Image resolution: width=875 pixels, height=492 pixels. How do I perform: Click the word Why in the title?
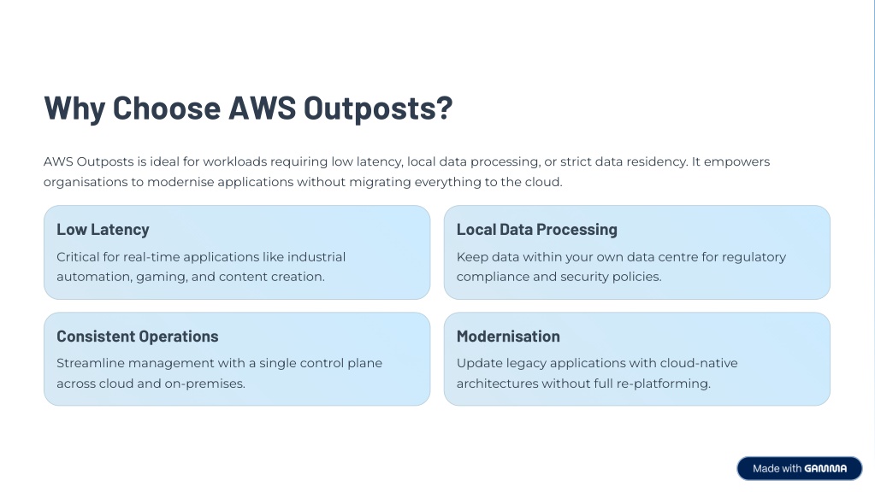[74, 108]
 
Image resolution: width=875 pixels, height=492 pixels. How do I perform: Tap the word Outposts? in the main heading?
[378, 108]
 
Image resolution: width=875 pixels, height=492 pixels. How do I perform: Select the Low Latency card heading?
[103, 230]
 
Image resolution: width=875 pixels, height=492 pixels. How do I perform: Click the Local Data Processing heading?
[537, 230]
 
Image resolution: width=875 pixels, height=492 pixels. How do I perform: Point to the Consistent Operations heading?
[137, 337]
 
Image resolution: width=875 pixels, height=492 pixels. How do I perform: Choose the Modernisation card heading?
[508, 337]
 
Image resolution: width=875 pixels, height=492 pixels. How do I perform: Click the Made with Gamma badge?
[800, 469]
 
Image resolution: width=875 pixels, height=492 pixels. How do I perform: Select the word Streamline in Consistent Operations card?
[91, 363]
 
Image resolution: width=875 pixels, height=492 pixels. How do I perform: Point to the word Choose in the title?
[167, 108]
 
